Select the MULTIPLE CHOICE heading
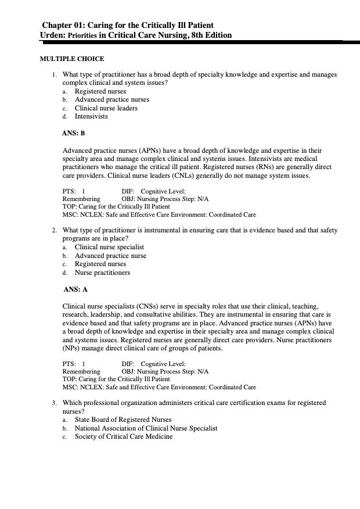point(71,59)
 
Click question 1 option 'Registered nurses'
point(100,91)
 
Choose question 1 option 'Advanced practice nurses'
point(111,99)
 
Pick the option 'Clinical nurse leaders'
point(106,108)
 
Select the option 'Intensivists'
point(91,116)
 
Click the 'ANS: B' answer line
point(74,133)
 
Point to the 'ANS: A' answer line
point(75,289)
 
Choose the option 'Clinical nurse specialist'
point(109,247)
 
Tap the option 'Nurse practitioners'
point(102,273)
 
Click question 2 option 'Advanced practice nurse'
point(110,256)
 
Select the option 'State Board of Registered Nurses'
point(123,420)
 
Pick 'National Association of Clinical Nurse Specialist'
point(146,428)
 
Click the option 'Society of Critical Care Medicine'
point(124,436)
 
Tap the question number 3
point(53,403)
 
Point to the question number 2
point(53,231)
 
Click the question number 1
point(53,75)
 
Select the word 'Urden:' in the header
point(52,35)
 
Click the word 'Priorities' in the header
point(82,35)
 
